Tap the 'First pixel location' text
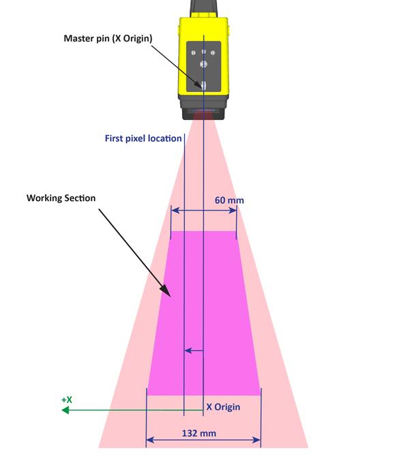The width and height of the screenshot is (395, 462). [x=143, y=138]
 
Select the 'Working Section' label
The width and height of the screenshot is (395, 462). [x=61, y=198]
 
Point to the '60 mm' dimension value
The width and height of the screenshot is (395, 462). [x=229, y=200]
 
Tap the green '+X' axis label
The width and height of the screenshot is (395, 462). [x=67, y=400]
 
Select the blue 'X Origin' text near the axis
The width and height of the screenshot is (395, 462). [x=223, y=407]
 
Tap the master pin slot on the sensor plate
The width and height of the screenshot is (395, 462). [x=203, y=84]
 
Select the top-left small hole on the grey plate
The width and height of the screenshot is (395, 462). [x=194, y=52]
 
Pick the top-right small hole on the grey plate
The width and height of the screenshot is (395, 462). [x=213, y=52]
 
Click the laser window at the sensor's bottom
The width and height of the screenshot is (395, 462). [x=203, y=110]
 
